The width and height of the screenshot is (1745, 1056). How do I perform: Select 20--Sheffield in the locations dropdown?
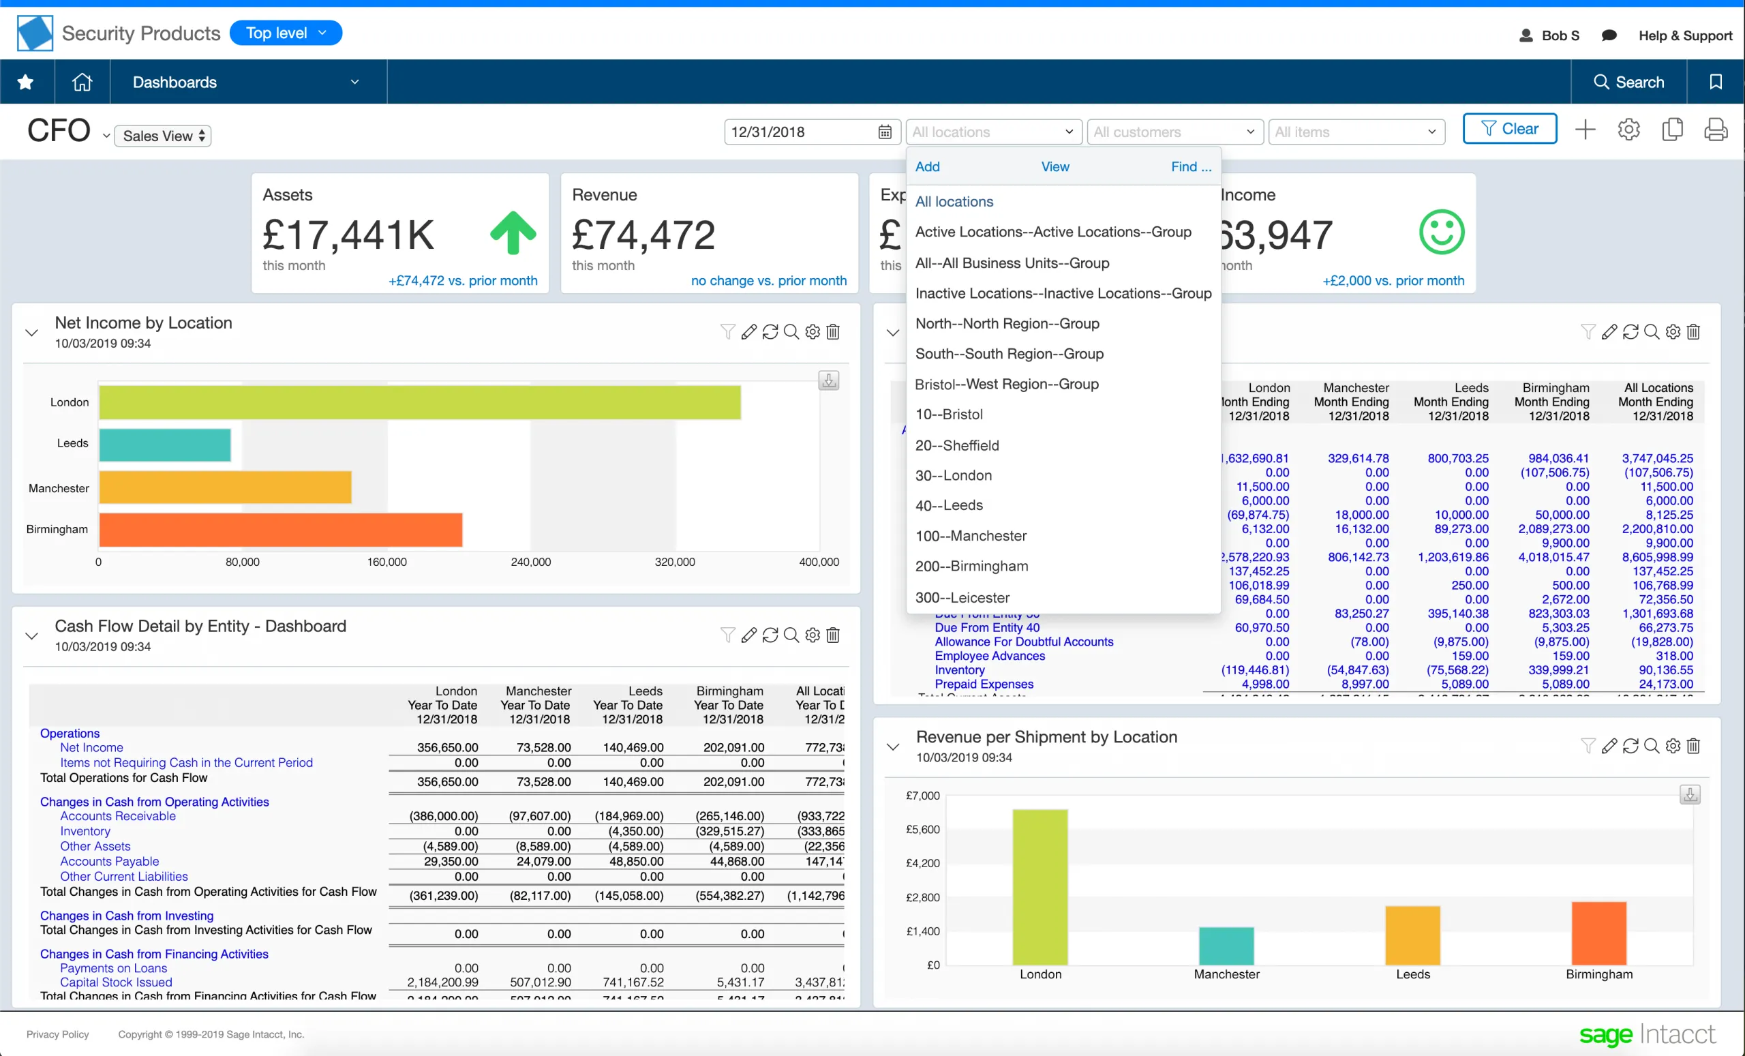pos(957,444)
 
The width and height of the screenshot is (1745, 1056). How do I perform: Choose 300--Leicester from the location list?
pos(962,597)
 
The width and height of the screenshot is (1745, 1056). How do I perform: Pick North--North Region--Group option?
pos(1007,324)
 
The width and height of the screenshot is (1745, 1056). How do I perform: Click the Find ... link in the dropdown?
pos(1190,166)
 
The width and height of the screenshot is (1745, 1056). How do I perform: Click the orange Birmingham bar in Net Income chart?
pos(280,530)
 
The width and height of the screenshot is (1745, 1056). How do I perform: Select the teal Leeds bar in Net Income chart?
pos(164,444)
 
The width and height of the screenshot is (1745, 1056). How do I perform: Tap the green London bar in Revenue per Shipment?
pos(1040,886)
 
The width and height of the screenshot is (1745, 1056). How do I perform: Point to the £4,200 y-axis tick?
pos(922,862)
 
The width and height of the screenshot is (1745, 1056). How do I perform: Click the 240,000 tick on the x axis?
pos(530,562)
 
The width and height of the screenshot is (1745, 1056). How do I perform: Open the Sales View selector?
pos(163,136)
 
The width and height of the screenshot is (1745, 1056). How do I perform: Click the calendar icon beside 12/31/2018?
pos(885,132)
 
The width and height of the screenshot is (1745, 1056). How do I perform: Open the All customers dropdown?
pos(1174,132)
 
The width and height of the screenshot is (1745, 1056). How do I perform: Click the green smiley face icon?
pos(1441,232)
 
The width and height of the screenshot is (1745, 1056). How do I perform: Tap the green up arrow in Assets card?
pos(513,233)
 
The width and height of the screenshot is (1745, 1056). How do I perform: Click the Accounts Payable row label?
pos(109,861)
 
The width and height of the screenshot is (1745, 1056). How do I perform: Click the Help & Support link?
pos(1685,35)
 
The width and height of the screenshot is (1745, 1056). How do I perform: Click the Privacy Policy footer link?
pos(57,1034)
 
